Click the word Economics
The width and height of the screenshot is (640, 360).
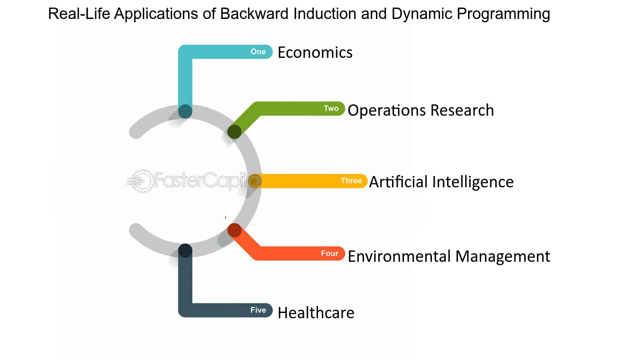[x=315, y=53]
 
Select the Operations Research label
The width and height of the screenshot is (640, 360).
[x=421, y=111]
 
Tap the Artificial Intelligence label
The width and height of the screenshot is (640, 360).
[x=441, y=182]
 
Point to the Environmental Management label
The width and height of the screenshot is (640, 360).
[x=448, y=256]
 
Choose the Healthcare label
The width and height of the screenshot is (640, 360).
[x=316, y=313]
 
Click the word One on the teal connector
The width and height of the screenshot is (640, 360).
[x=258, y=52]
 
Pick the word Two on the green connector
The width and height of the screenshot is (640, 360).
[x=331, y=108]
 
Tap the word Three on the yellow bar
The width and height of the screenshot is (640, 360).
[x=351, y=181]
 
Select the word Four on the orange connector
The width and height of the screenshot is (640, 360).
[x=329, y=253]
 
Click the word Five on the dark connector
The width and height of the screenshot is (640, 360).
[x=258, y=310]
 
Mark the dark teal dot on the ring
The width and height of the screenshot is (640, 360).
[x=185, y=111]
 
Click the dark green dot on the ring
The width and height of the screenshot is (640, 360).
[x=234, y=132]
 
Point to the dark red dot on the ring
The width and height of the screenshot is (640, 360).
[x=235, y=230]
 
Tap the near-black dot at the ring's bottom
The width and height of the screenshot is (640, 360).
[x=185, y=250]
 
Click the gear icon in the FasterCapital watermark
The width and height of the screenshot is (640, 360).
[x=141, y=181]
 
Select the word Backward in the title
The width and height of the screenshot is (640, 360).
[x=254, y=14]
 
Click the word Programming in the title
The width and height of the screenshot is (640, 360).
[x=503, y=14]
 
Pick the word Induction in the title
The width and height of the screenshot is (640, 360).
[x=325, y=14]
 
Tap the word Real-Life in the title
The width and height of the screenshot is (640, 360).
[x=79, y=14]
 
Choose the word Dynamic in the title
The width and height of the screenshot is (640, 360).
[x=422, y=14]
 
